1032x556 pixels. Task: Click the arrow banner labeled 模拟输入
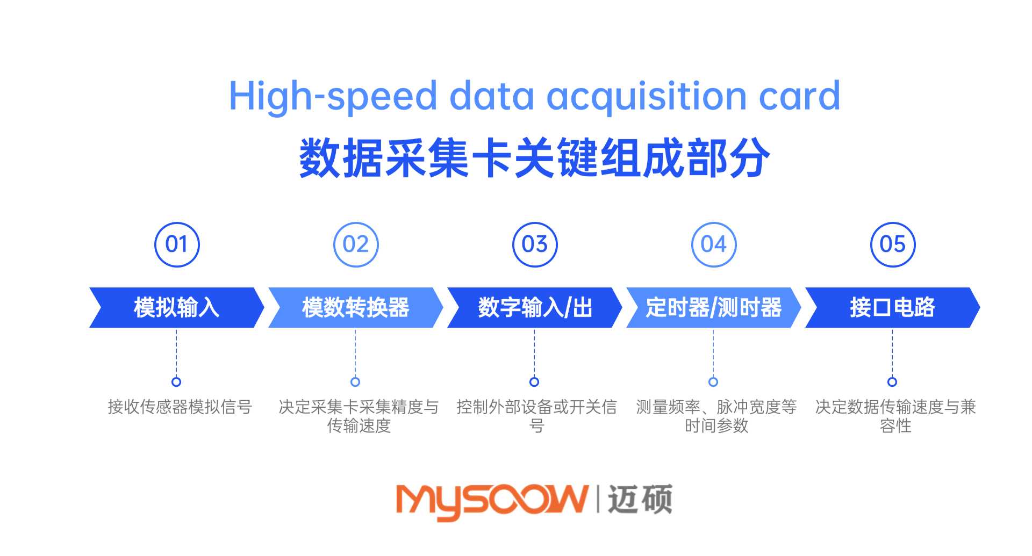click(177, 307)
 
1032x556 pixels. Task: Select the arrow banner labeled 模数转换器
click(356, 307)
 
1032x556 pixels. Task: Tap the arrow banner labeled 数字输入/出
click(535, 307)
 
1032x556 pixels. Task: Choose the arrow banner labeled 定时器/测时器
click(714, 307)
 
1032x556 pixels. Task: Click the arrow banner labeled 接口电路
click(893, 307)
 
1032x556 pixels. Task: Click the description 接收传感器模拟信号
click(180, 407)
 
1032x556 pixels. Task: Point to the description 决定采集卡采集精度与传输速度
click(359, 416)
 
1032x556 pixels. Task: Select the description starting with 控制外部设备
click(536, 416)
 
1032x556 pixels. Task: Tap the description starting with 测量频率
click(716, 416)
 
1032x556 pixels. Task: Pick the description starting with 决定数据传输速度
click(895, 416)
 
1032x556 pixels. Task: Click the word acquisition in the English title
click(647, 97)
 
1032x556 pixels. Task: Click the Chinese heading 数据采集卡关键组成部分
click(535, 157)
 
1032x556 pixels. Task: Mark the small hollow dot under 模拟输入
click(176, 382)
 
